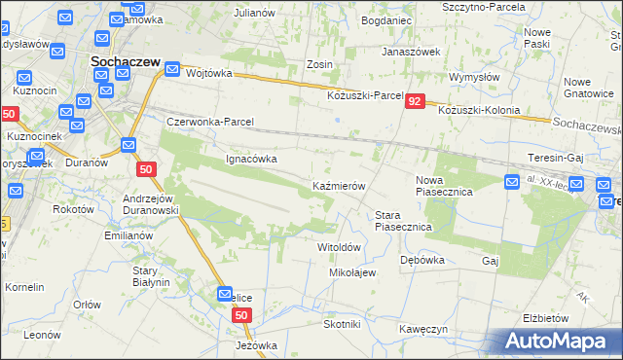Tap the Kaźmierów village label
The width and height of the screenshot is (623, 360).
point(338,185)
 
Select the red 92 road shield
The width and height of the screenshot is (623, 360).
point(416,101)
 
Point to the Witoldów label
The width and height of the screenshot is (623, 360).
point(341,247)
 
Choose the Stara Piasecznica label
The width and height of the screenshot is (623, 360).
point(403,221)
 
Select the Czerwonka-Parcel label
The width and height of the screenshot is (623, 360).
point(210,122)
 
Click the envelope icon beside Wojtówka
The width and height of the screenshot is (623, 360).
point(172,70)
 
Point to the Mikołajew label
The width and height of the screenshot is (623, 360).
point(352,272)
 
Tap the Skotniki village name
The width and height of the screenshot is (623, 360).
point(342,324)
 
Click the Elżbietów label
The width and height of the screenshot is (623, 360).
point(545,318)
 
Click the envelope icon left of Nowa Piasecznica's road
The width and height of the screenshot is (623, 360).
point(513,181)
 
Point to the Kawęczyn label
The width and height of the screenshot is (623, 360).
point(422,329)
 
